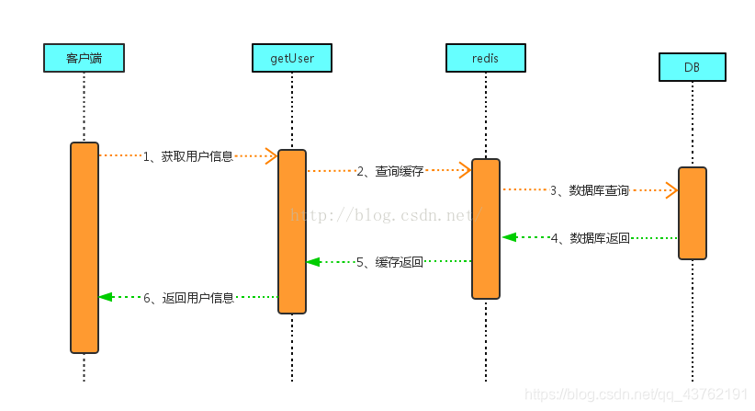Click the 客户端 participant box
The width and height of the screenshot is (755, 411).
coord(84,58)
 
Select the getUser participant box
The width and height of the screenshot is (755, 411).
coord(291,58)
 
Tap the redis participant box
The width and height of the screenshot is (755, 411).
coord(486,58)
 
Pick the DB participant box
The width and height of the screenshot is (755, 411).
coord(692,67)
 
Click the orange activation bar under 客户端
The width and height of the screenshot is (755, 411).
coord(85,247)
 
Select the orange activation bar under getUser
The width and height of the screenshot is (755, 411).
coord(292,231)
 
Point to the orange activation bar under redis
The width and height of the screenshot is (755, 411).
coord(486,229)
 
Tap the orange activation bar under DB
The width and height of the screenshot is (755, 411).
coord(693,213)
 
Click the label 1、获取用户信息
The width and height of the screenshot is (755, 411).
coord(188,156)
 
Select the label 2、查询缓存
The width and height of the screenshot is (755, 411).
coord(389,171)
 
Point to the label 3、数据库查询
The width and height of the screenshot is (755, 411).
coord(590,191)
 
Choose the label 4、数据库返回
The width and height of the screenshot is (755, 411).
coord(591,238)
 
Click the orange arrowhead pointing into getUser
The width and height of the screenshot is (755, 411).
coord(271,155)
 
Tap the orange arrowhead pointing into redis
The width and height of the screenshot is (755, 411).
coord(465,169)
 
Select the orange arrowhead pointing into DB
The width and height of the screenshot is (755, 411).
coord(671,190)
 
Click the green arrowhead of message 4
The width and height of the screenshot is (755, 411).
coord(509,237)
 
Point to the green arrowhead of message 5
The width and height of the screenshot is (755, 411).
coord(313,262)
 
